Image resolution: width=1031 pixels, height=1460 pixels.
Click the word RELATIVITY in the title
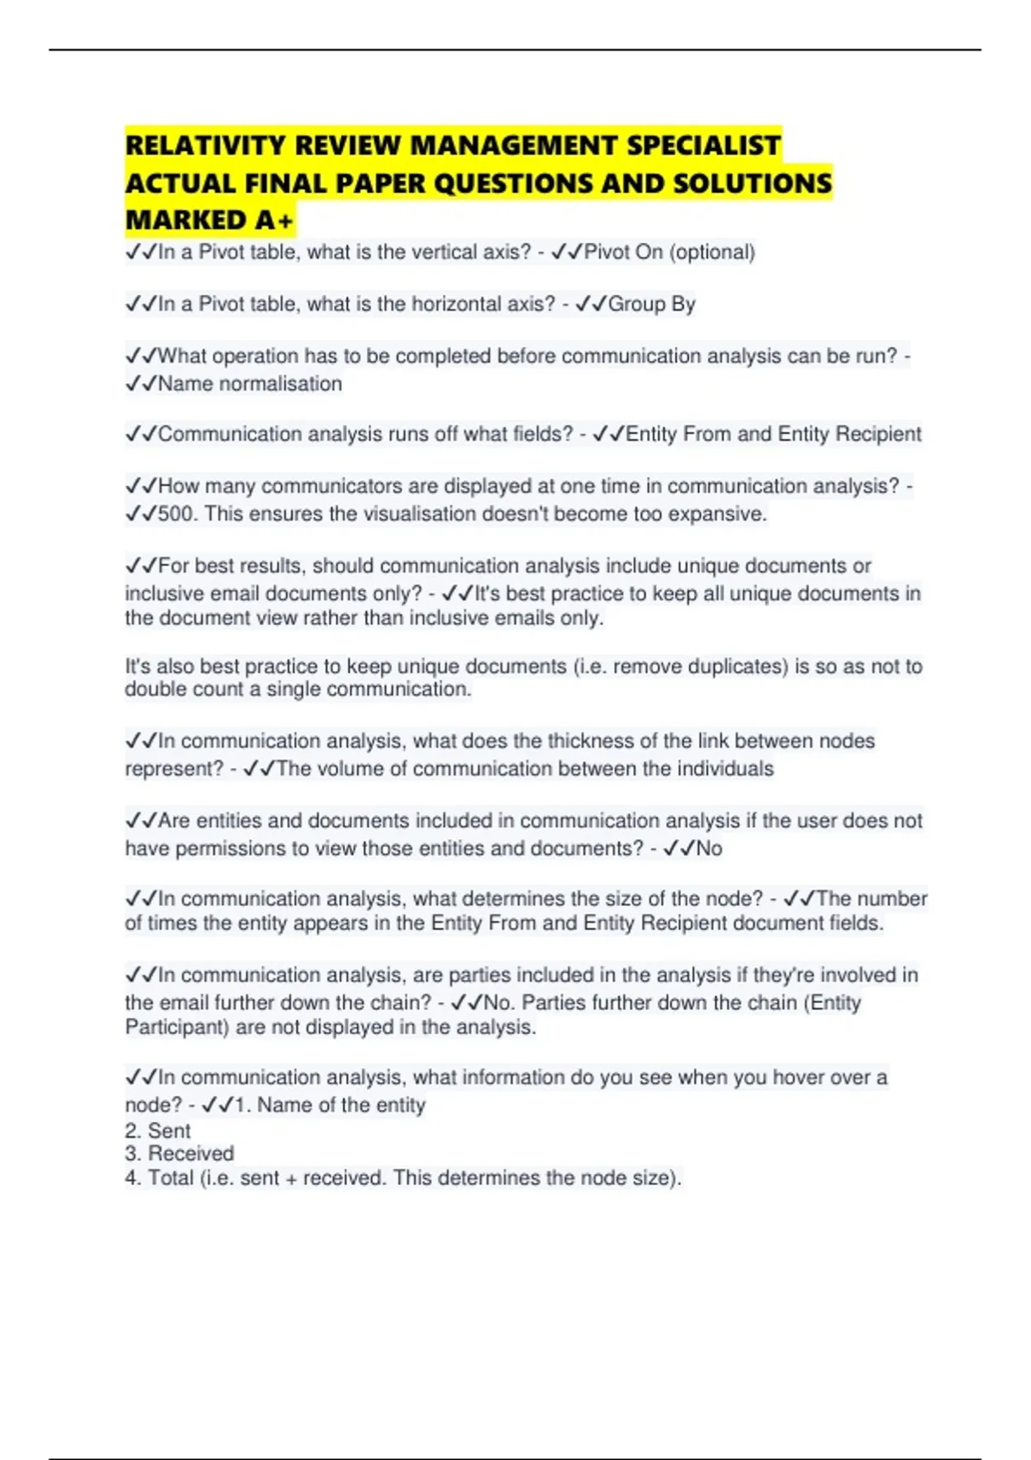coord(206,145)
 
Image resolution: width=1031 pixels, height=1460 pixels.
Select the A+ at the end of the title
coord(274,221)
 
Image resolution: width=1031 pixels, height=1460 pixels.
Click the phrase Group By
coord(651,304)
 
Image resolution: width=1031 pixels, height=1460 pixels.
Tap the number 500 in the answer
coord(177,514)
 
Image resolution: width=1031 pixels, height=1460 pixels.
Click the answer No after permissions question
coord(709,849)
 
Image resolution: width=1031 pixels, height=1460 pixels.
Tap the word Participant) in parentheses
coord(177,1027)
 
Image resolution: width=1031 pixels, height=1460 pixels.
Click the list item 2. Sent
coord(158,1131)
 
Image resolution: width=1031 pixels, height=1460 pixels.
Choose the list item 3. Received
coord(180,1153)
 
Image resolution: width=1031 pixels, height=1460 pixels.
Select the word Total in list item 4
coord(170,1178)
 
